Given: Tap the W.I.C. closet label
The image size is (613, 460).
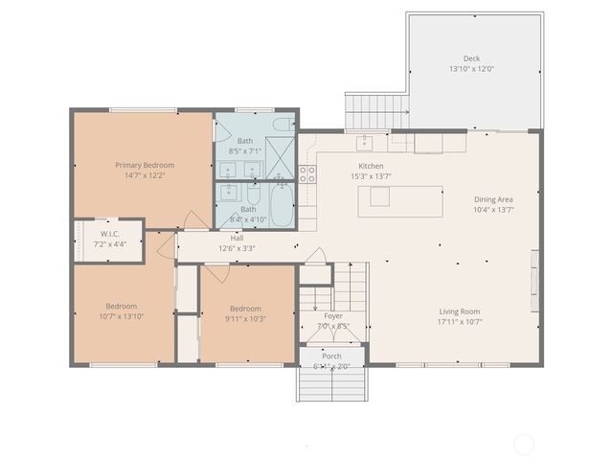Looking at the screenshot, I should click(109, 233).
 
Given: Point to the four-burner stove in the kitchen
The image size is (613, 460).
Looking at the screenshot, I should click(308, 173).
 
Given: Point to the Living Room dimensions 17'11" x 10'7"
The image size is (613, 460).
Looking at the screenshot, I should click(460, 322).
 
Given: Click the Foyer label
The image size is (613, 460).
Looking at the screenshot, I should click(332, 315).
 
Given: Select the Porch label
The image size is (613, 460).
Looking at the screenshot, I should click(331, 356).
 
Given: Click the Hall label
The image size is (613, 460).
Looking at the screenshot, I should click(236, 238).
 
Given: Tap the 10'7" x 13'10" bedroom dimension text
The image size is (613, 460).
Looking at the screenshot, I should click(121, 316).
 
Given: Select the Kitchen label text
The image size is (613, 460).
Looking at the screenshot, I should click(371, 166).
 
